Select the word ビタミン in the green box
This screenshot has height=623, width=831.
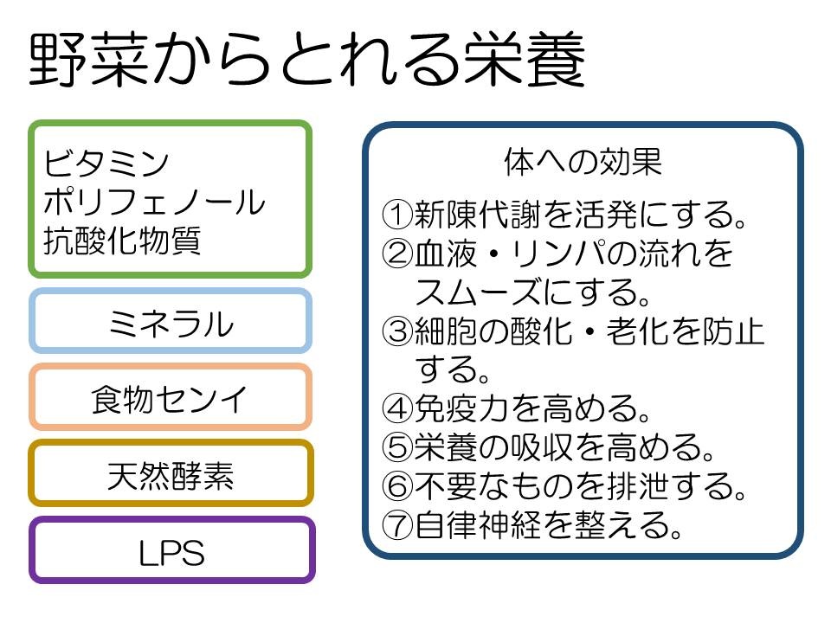pos(106,164)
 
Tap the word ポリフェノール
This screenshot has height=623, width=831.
pos(154,202)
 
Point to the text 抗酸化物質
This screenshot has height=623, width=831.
pos(122,241)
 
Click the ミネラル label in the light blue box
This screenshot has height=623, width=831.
pos(171,323)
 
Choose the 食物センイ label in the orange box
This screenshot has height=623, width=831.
pos(170,399)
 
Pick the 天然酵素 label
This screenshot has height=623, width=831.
pos(171,476)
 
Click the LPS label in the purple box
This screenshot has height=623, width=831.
pos(171,553)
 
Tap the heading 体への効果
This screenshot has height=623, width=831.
pos(583,162)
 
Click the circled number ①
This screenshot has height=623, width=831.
pos(397,215)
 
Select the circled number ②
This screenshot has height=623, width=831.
pos(397,254)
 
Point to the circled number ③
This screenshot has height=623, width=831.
pos(397,331)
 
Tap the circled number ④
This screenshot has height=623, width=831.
pos(397,408)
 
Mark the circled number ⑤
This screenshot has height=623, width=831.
pos(397,447)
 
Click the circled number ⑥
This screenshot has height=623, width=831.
pos(397,486)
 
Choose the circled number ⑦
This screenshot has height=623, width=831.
pos(397,525)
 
